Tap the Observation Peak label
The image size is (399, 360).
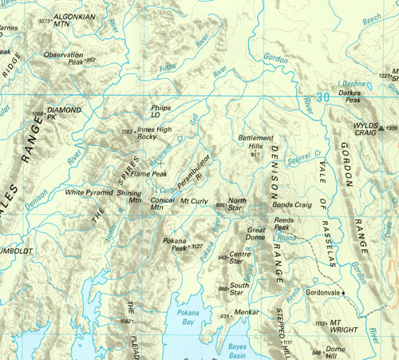point(64,57)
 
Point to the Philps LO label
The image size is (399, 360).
point(160,110)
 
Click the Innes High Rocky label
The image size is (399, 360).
point(154,133)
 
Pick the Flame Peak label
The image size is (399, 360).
point(148,173)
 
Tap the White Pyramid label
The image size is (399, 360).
point(89,192)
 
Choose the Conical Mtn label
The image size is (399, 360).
point(162,204)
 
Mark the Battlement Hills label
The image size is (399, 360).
point(255,142)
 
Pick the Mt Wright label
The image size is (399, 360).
point(344,326)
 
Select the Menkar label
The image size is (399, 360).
point(247,315)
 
